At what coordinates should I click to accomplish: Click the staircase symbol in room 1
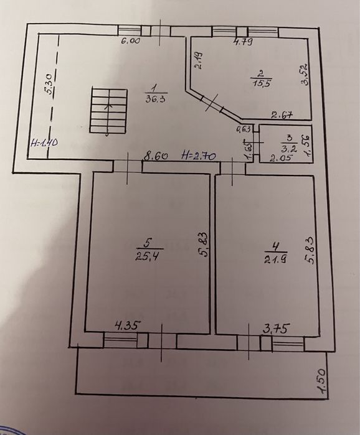[x=108, y=111]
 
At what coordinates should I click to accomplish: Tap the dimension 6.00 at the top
[x=130, y=41]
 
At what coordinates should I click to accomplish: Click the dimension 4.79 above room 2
[x=243, y=42]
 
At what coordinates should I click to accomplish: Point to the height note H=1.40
[x=44, y=143]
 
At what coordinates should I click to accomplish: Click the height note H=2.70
[x=198, y=156]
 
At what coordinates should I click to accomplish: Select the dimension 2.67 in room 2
[x=282, y=114]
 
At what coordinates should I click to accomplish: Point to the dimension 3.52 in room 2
[x=305, y=77]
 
